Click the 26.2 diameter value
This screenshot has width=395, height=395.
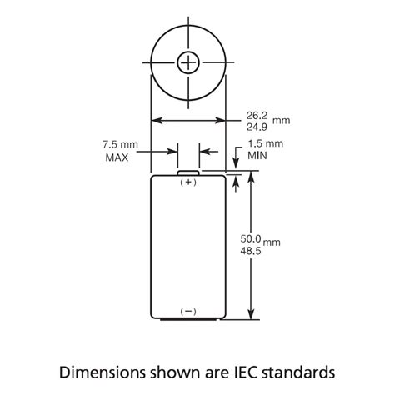[257, 116]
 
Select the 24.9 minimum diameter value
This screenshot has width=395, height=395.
[257, 127]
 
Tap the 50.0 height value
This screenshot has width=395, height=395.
[251, 238]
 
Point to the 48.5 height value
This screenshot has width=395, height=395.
[251, 251]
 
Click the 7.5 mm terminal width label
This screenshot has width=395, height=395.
[120, 144]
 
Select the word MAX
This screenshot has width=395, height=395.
[117, 157]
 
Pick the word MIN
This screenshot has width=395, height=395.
[257, 156]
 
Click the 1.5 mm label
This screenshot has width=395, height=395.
[266, 143]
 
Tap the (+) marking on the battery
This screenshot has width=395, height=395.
[188, 182]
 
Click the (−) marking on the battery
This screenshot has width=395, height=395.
[188, 312]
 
